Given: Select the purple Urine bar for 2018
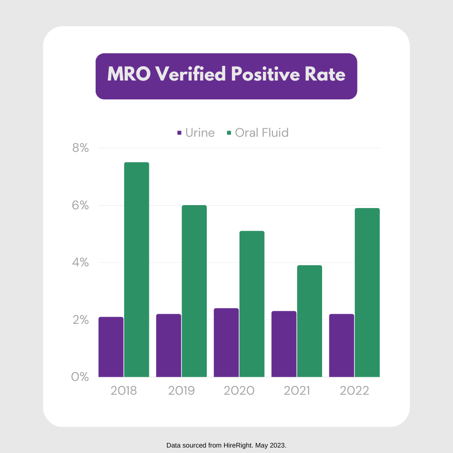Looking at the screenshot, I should point(111,347).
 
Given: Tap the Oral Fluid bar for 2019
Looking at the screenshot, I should point(194,291).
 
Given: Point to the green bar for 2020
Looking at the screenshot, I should point(252,304).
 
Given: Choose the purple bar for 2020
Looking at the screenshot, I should point(226,343).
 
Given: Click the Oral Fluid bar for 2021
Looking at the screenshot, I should point(310,321).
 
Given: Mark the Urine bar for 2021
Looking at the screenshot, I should point(284,344).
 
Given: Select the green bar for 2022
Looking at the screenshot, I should point(367,293).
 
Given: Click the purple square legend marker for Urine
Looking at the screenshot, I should point(179,133).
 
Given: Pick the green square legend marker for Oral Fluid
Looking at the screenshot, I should point(229,133).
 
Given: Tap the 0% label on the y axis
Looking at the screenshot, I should point(80,377).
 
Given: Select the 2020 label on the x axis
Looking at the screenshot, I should point(239,391).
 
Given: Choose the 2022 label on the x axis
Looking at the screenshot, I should point(354,391).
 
